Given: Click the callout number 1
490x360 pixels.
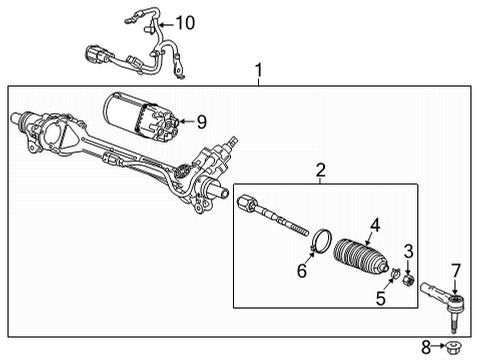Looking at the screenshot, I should point(259,71).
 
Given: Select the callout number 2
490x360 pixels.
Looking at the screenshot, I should point(321,170).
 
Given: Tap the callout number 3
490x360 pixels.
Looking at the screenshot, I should point(407,250).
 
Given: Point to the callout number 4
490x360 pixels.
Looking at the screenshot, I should point(375,225).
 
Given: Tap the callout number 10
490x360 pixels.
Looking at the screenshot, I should point(186,22).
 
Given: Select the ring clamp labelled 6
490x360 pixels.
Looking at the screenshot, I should point(322,242).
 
